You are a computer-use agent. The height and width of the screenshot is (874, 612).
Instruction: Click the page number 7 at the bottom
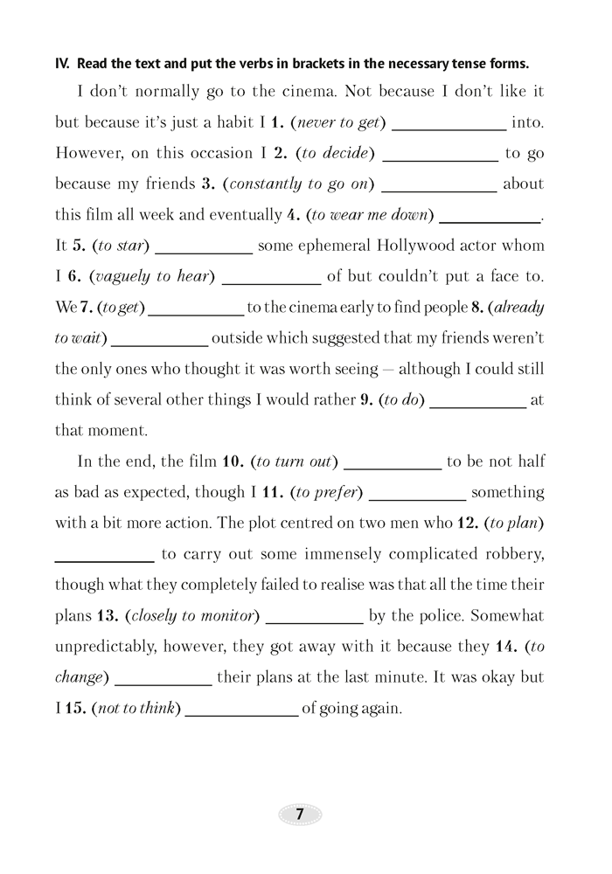(300, 814)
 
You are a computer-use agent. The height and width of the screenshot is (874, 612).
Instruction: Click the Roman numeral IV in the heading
(62, 63)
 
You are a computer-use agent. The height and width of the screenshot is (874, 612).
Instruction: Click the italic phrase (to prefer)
(329, 492)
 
